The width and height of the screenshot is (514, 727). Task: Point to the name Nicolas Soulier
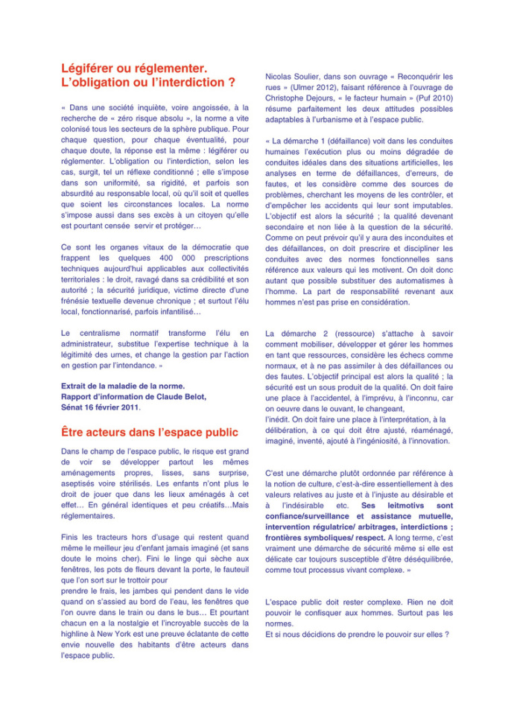pos(293,76)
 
